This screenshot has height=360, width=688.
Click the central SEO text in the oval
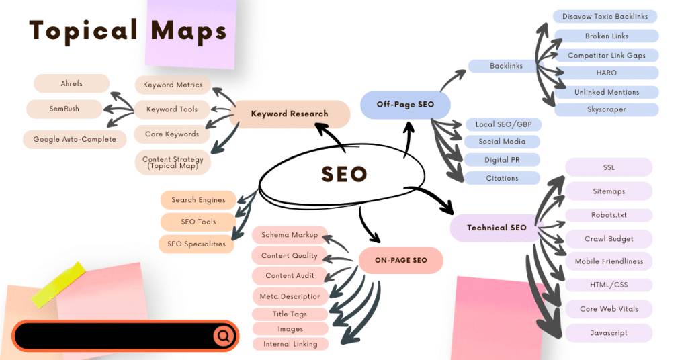pyautogui.click(x=344, y=174)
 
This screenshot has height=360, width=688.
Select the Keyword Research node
pyautogui.click(x=290, y=114)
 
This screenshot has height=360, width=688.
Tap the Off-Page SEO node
pyautogui.click(x=405, y=105)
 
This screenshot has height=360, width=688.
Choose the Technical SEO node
pyautogui.click(x=497, y=228)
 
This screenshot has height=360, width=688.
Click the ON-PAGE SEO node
pyautogui.click(x=400, y=260)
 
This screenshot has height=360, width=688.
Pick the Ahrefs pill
pyautogui.click(x=71, y=83)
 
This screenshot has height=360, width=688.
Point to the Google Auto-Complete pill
pyautogui.click(x=75, y=140)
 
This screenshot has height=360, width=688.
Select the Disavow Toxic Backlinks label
pyautogui.click(x=605, y=17)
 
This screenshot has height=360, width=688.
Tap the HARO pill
pyautogui.click(x=607, y=73)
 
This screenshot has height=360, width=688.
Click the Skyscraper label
pyautogui.click(x=607, y=109)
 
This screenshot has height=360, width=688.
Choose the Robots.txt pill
pyautogui.click(x=609, y=216)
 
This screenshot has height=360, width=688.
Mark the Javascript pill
pyautogui.click(x=609, y=333)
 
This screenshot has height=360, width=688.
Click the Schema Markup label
pyautogui.click(x=290, y=235)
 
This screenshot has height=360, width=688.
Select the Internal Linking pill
pyautogui.click(x=290, y=344)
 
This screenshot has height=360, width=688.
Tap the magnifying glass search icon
pyautogui.click(x=224, y=336)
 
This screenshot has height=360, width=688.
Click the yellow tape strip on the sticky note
pyautogui.click(x=59, y=285)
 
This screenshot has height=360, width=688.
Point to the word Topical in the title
pyautogui.click(x=84, y=32)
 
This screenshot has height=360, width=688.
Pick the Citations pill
pyautogui.click(x=502, y=179)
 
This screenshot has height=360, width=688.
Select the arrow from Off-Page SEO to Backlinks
pyautogui.click(x=452, y=79)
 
